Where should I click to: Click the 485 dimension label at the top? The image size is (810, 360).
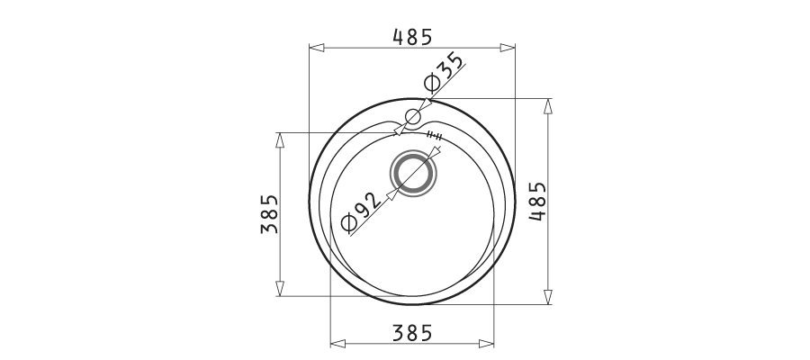pyautogui.click(x=411, y=37)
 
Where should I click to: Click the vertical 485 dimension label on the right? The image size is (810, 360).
pyautogui.click(x=537, y=201)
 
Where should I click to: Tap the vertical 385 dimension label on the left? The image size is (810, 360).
pyautogui.click(x=269, y=214)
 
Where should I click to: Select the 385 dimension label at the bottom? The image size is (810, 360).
pyautogui.click(x=411, y=333)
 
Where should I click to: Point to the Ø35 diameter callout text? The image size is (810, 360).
pyautogui.click(x=443, y=71)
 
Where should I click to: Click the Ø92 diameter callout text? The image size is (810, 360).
pyautogui.click(x=362, y=211)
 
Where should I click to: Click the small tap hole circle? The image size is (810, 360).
pyautogui.click(x=413, y=117)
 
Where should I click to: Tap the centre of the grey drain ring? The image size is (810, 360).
pyautogui.click(x=413, y=173)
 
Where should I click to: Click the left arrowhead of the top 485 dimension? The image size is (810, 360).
pyautogui.click(x=317, y=48)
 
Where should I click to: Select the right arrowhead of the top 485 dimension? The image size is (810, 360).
pyautogui.click(x=508, y=48)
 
